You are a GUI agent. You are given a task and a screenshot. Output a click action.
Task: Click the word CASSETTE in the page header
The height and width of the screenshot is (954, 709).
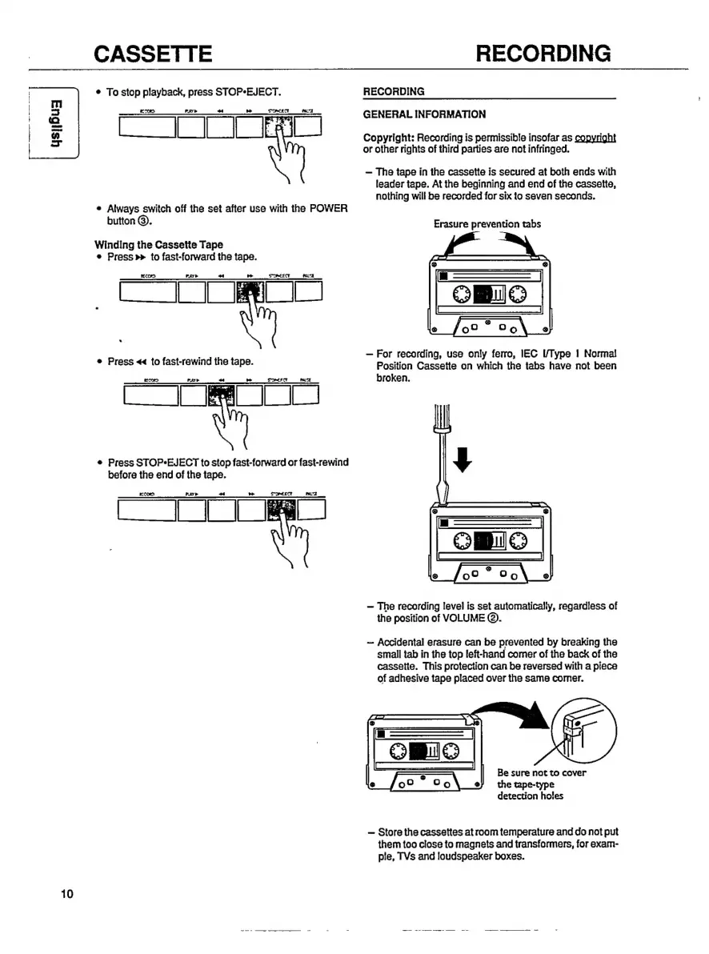[x=153, y=54]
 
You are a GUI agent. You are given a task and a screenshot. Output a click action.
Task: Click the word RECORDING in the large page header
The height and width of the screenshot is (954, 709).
[x=543, y=54]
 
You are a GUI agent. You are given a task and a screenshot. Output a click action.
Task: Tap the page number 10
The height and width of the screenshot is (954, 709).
[x=67, y=894]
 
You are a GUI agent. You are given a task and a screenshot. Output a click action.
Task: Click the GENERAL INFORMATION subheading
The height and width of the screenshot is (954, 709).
[x=424, y=114]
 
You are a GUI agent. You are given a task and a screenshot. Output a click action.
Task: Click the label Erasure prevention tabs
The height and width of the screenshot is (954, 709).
[x=487, y=224]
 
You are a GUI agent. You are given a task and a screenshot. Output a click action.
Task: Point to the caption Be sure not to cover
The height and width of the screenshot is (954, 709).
[x=542, y=772]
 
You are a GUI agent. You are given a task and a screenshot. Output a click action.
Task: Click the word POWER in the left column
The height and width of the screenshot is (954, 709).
[x=327, y=209]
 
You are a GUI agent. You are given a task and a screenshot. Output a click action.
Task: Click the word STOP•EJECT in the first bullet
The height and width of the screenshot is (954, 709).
[x=247, y=92]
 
